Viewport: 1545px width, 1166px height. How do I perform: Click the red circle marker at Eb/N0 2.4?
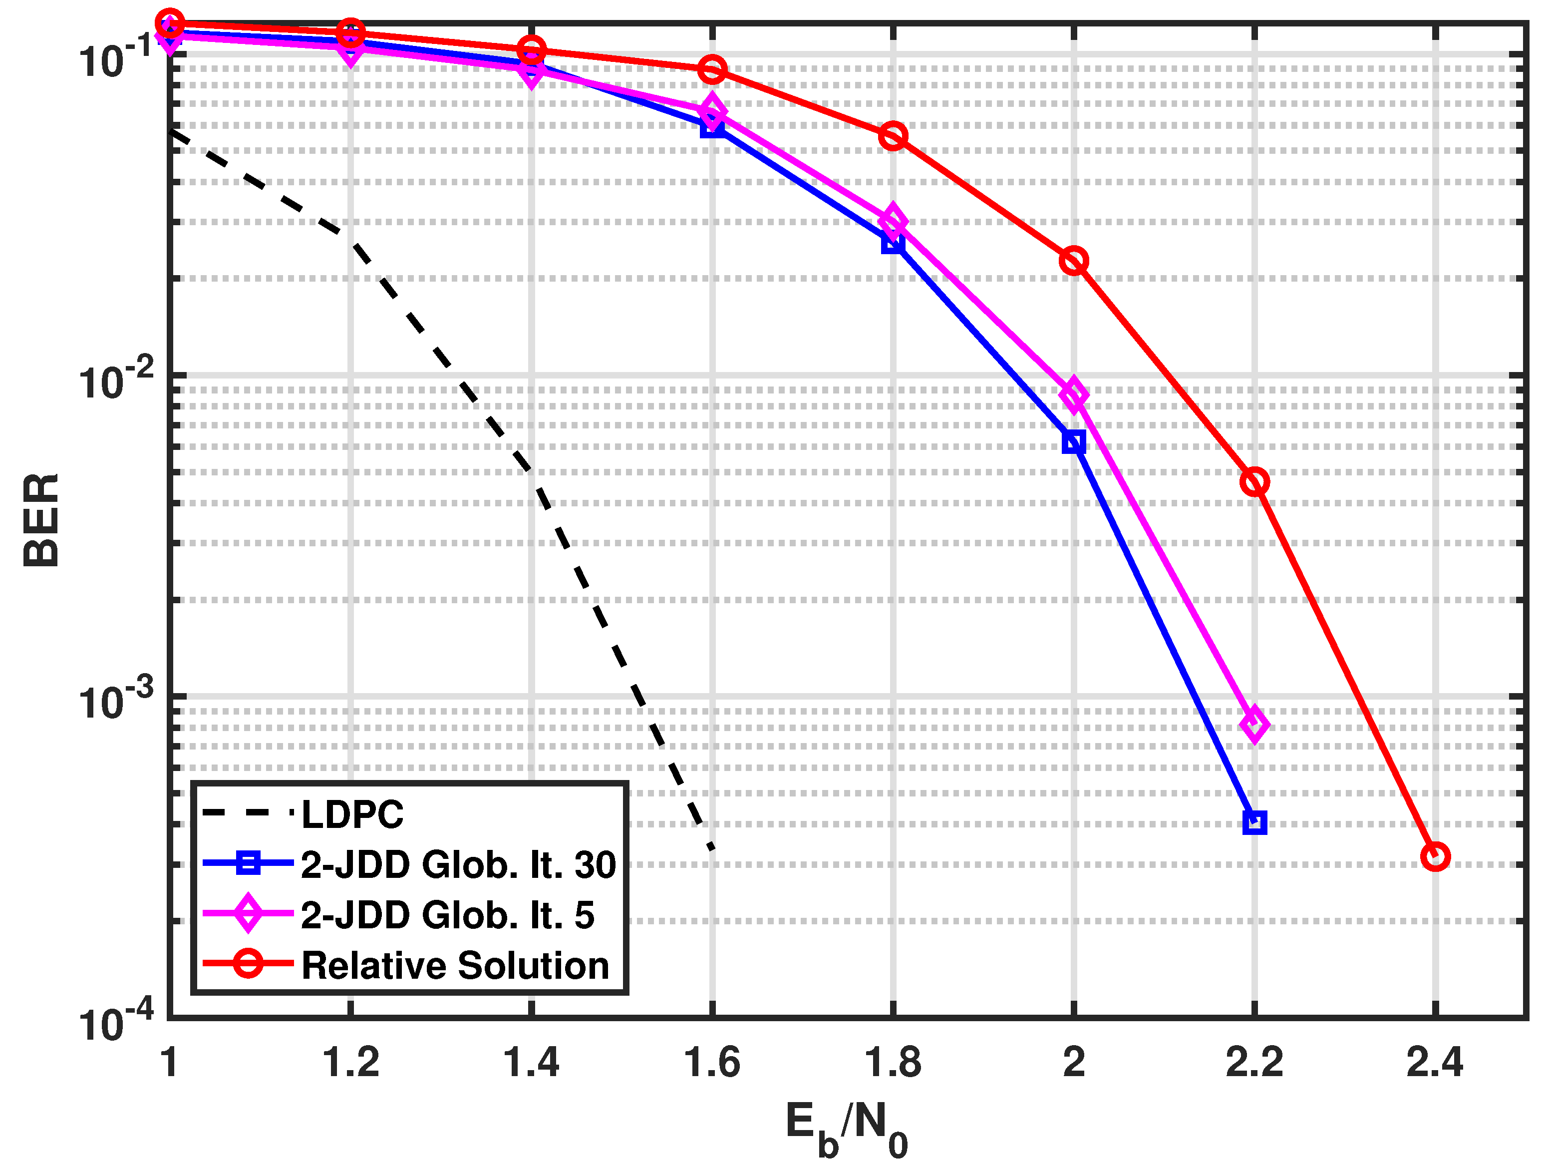click(1435, 856)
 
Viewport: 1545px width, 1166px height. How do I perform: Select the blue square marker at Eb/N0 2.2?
click(1254, 822)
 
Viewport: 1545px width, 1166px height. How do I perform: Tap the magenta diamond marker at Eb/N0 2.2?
click(1254, 725)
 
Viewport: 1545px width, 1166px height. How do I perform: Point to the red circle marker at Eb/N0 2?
click(1074, 261)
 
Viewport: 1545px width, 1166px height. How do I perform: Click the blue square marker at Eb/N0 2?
click(1074, 441)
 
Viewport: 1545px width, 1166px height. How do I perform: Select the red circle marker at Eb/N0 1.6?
click(712, 69)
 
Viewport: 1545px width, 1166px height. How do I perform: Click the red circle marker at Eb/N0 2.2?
click(1254, 482)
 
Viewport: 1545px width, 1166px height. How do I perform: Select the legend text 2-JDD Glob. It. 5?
click(447, 915)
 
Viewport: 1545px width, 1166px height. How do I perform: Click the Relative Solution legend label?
click(455, 965)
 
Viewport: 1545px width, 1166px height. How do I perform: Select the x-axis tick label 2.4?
click(1435, 1063)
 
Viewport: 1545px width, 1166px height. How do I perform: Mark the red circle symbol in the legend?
click(248, 963)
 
